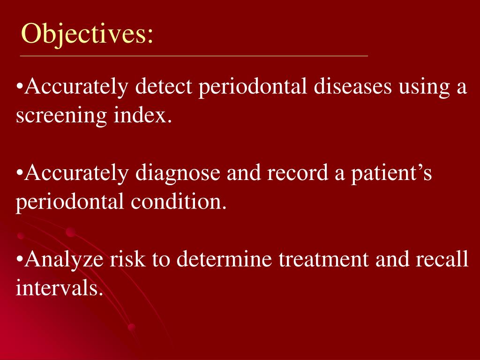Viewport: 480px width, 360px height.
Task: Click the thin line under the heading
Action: (x=194, y=56)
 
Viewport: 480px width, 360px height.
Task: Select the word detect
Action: (x=164, y=87)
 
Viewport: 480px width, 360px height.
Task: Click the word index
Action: (x=142, y=115)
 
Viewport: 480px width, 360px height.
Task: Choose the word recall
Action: (x=442, y=259)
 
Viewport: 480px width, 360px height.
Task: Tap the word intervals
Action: (x=59, y=287)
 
